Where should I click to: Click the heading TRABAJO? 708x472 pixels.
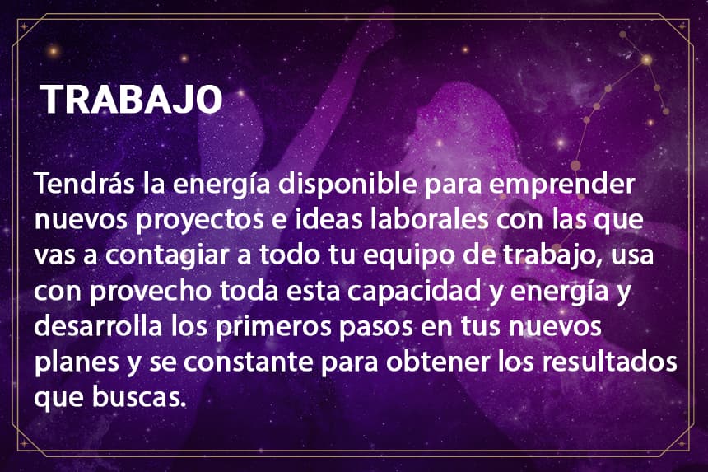(131, 99)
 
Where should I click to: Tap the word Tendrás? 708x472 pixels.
(85, 184)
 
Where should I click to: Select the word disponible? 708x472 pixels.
(347, 185)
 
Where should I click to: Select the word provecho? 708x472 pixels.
(151, 292)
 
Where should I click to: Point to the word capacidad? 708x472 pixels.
(414, 292)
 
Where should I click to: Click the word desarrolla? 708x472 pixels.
(98, 326)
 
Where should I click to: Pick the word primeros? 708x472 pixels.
(273, 328)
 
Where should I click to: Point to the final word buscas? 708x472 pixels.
(139, 398)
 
